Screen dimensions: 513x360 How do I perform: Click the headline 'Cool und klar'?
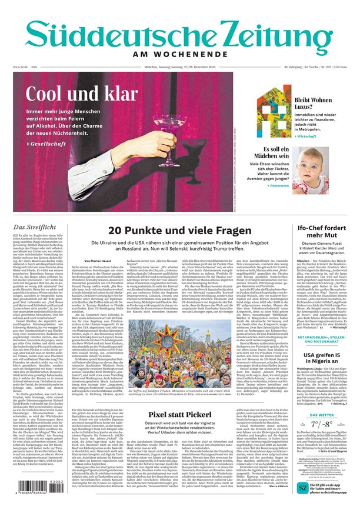tap(82, 95)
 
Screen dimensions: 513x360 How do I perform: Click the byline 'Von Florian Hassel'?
tap(97, 260)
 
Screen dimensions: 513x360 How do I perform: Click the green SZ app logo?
tap(302, 488)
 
